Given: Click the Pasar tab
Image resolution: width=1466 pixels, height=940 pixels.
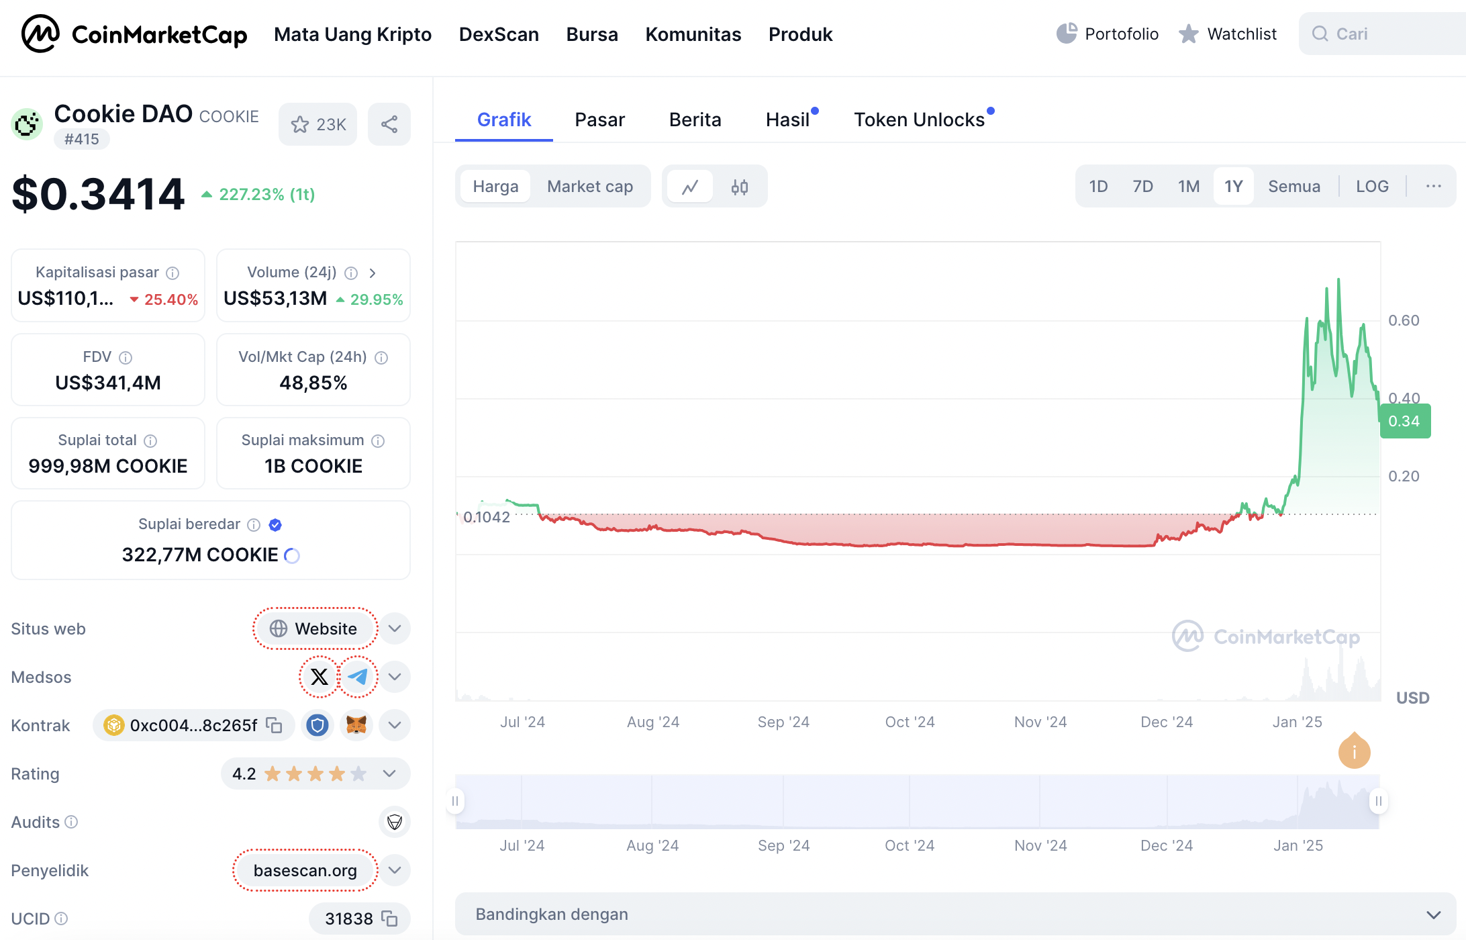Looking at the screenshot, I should click(599, 120).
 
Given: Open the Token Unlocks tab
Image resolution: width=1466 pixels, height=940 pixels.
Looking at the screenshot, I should click(919, 120).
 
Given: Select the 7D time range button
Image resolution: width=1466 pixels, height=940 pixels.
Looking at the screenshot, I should click(1142, 186).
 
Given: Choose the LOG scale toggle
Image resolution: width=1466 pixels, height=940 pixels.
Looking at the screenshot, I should click(1372, 186).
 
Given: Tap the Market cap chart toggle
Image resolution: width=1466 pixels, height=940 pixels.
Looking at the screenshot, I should click(590, 186).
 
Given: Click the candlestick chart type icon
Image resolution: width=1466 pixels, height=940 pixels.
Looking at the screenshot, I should click(740, 187).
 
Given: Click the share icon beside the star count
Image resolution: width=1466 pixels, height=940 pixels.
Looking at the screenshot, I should click(389, 124).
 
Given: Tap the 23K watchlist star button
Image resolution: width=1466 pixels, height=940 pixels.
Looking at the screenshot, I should click(318, 124).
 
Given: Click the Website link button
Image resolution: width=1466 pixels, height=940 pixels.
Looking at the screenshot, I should click(314, 628).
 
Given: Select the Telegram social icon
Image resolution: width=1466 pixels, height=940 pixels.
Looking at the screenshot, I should click(358, 677).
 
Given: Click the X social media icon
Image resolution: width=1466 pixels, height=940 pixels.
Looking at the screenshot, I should click(320, 677).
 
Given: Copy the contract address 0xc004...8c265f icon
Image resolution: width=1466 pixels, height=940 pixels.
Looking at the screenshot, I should click(274, 725).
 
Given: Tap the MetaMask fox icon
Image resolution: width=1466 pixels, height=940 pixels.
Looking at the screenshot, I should click(356, 725).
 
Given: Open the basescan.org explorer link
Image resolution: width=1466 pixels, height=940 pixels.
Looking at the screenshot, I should click(305, 870).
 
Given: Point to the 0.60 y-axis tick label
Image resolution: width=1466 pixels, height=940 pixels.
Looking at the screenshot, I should click(1404, 320).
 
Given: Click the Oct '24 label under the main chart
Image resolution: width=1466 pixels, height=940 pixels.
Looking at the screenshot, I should click(910, 722).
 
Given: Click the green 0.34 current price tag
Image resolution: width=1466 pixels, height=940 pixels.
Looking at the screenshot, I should click(1404, 421).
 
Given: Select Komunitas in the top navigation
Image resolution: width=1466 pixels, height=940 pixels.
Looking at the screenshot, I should click(693, 34).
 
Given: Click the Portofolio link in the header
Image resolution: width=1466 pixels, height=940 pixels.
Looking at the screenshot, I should click(1108, 34).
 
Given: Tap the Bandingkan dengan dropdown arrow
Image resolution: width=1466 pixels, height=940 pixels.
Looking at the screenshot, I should click(1434, 914).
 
